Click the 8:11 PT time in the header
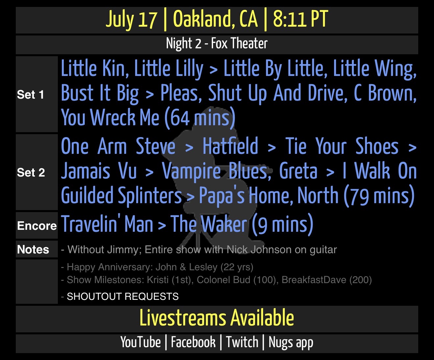tap(301, 19)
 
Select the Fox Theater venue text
tap(239, 43)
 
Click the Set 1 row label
tap(30, 95)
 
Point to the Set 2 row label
tap(31, 172)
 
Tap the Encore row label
tap(37, 226)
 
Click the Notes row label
tap(33, 249)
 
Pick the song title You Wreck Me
tap(110, 117)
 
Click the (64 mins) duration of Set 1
tap(200, 118)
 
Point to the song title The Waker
tap(209, 224)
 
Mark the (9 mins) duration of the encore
tap(282, 224)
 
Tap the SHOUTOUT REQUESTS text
tap(123, 296)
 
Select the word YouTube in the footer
tap(140, 342)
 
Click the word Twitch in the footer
tap(242, 342)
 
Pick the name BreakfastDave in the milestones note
tap(314, 280)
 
